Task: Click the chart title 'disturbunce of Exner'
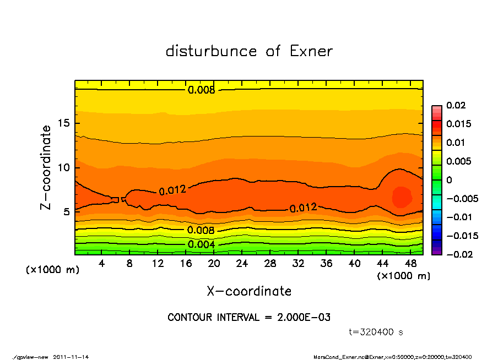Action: [x=249, y=51]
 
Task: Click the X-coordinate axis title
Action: [x=249, y=291]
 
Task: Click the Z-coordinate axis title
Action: [x=46, y=167]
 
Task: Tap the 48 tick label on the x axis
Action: [x=412, y=264]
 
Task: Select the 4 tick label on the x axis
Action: [x=102, y=264]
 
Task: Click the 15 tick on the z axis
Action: [x=62, y=123]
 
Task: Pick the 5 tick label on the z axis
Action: [x=65, y=211]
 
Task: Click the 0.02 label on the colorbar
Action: [x=456, y=105]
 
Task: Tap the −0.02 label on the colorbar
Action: [x=458, y=254]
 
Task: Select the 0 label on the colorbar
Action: [x=448, y=180]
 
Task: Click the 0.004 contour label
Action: [x=201, y=244]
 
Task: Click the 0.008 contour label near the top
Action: [x=201, y=90]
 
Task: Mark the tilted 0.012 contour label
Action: [x=172, y=190]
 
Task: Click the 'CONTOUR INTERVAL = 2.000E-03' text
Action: [x=249, y=318]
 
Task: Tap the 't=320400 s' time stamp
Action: [x=376, y=332]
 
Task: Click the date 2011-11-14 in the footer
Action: [x=71, y=357]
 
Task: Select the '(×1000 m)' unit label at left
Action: [x=51, y=270]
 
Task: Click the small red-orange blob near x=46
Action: [x=402, y=197]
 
